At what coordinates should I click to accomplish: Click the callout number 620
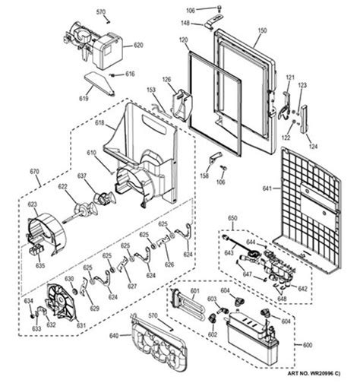(x=138, y=45)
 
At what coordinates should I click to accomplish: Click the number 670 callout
(x=34, y=172)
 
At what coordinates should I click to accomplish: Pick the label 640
(x=115, y=335)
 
